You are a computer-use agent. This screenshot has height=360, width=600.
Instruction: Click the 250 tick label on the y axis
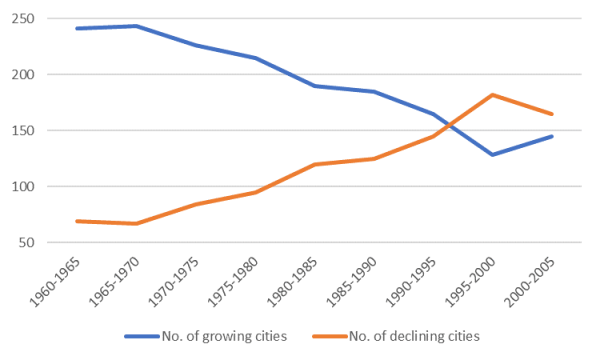50,19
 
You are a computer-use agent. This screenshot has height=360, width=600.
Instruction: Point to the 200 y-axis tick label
50,75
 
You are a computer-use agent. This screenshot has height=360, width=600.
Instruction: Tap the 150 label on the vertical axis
50,131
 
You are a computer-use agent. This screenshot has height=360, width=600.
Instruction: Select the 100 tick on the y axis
50,187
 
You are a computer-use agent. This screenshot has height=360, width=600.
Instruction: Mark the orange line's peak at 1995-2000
492,95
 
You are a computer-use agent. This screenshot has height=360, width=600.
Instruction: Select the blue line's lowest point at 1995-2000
492,154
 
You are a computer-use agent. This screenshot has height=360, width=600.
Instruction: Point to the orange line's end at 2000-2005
551,114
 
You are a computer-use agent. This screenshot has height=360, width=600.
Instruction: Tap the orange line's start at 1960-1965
76,221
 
